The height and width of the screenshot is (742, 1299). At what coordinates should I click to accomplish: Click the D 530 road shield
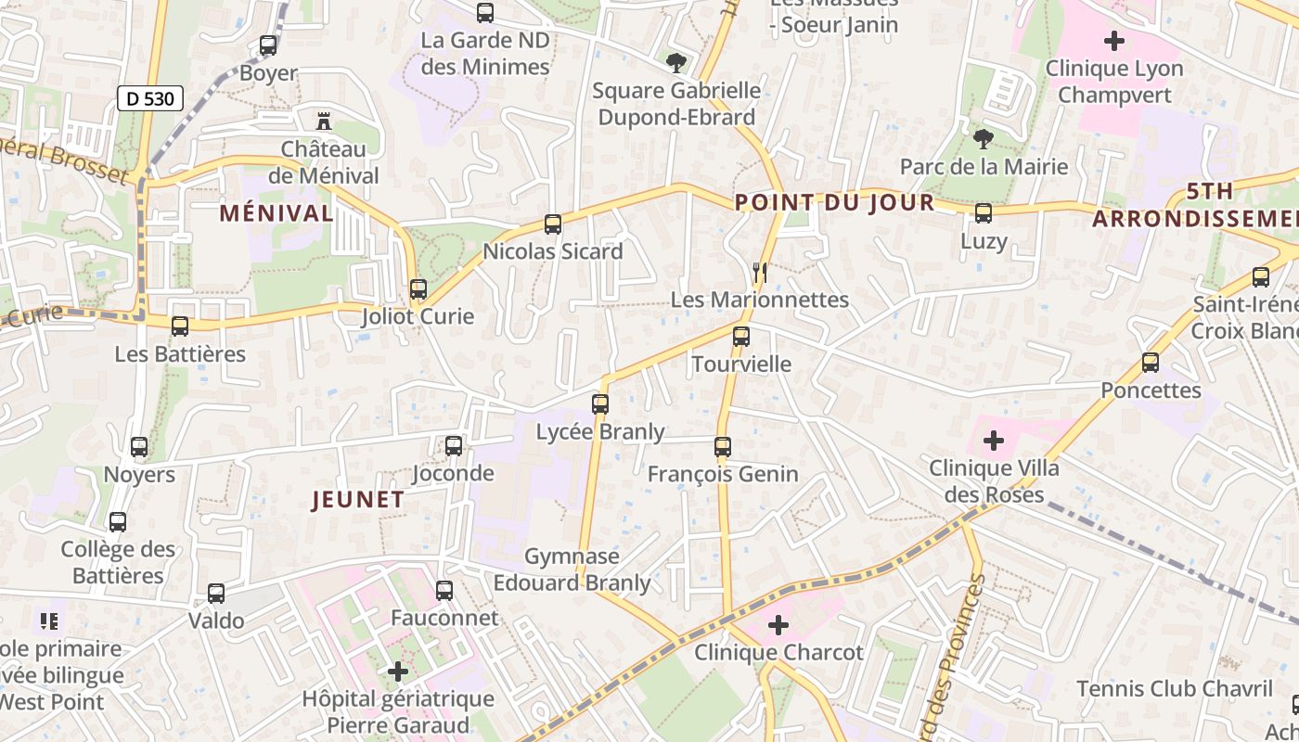coord(150,98)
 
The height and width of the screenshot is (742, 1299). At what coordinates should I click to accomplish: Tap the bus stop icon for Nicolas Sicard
coord(553,224)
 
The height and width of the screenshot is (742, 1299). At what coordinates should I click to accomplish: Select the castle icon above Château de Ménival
coord(324,121)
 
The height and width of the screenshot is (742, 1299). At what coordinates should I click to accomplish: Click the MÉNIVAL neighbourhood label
coord(277,212)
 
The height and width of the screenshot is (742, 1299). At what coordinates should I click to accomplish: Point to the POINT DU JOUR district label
coord(835,202)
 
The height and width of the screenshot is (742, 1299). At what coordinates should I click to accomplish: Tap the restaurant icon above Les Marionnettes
coord(760,272)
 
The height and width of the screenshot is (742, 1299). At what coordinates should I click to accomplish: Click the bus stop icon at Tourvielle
coord(741,337)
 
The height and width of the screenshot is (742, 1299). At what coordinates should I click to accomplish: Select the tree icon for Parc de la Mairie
coord(984,139)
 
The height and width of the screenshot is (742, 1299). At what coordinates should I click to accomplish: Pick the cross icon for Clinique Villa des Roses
coord(994,440)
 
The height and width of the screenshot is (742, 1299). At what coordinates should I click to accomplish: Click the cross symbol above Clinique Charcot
coord(778,625)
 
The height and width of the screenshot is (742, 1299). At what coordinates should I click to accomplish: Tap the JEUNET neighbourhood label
coord(358,500)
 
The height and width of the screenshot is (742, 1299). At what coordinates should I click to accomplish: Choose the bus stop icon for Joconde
coord(454,446)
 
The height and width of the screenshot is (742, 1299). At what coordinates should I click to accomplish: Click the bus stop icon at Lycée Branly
coord(600,404)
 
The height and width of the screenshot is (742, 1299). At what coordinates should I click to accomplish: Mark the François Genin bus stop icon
coord(723,447)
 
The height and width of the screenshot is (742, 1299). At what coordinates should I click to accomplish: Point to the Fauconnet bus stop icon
coord(444,590)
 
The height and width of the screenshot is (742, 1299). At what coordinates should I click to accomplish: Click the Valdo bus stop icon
coord(216,594)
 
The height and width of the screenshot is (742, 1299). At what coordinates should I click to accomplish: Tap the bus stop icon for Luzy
coord(984,213)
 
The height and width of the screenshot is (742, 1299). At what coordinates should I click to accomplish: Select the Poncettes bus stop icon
coord(1151,363)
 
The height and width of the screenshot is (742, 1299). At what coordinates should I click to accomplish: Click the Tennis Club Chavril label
coord(1175,688)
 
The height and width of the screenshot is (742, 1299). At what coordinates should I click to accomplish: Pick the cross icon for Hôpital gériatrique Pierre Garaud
coord(398,672)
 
